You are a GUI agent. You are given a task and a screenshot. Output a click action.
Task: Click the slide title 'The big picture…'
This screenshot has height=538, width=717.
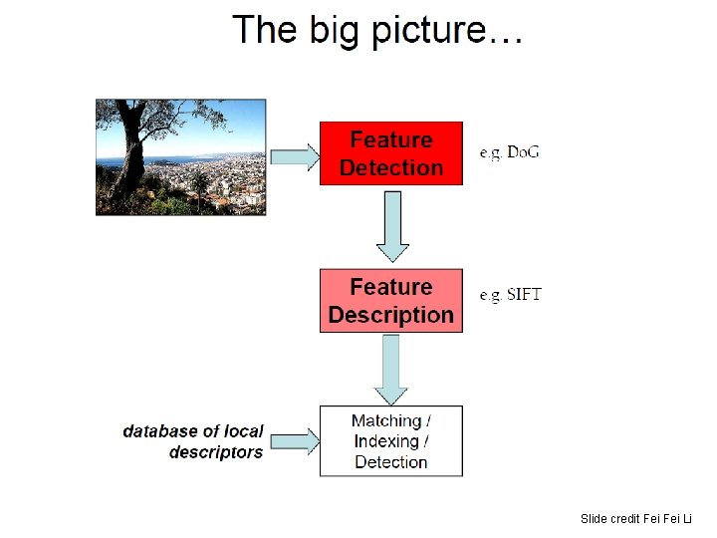pos(377,31)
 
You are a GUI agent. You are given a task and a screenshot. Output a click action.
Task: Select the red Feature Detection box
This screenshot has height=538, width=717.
pos(390,153)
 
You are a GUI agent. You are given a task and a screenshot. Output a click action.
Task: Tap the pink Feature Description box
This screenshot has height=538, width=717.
pos(390,301)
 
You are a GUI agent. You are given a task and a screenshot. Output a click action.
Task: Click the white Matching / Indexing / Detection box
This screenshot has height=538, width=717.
pos(390,441)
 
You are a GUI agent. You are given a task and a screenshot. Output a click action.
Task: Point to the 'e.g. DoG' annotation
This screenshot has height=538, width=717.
pos(509,152)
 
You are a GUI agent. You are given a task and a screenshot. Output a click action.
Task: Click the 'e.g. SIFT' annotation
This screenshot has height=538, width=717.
pos(510,295)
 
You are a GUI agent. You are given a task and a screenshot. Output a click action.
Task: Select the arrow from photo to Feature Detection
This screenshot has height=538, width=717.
pos(294,155)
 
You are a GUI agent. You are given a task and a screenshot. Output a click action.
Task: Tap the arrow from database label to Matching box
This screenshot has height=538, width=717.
pos(294,440)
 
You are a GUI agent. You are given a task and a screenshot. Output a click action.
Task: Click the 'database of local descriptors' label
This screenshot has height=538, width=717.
pos(193,441)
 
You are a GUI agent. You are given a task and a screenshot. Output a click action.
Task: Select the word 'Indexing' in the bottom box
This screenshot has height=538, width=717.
pos(385,441)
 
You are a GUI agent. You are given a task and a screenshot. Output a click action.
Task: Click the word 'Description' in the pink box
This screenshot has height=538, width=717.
pos(390,316)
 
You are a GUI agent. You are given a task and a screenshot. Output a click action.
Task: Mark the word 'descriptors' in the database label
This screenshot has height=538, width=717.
pos(216,452)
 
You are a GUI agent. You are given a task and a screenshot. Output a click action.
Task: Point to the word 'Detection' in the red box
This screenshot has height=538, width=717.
pos(390,167)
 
